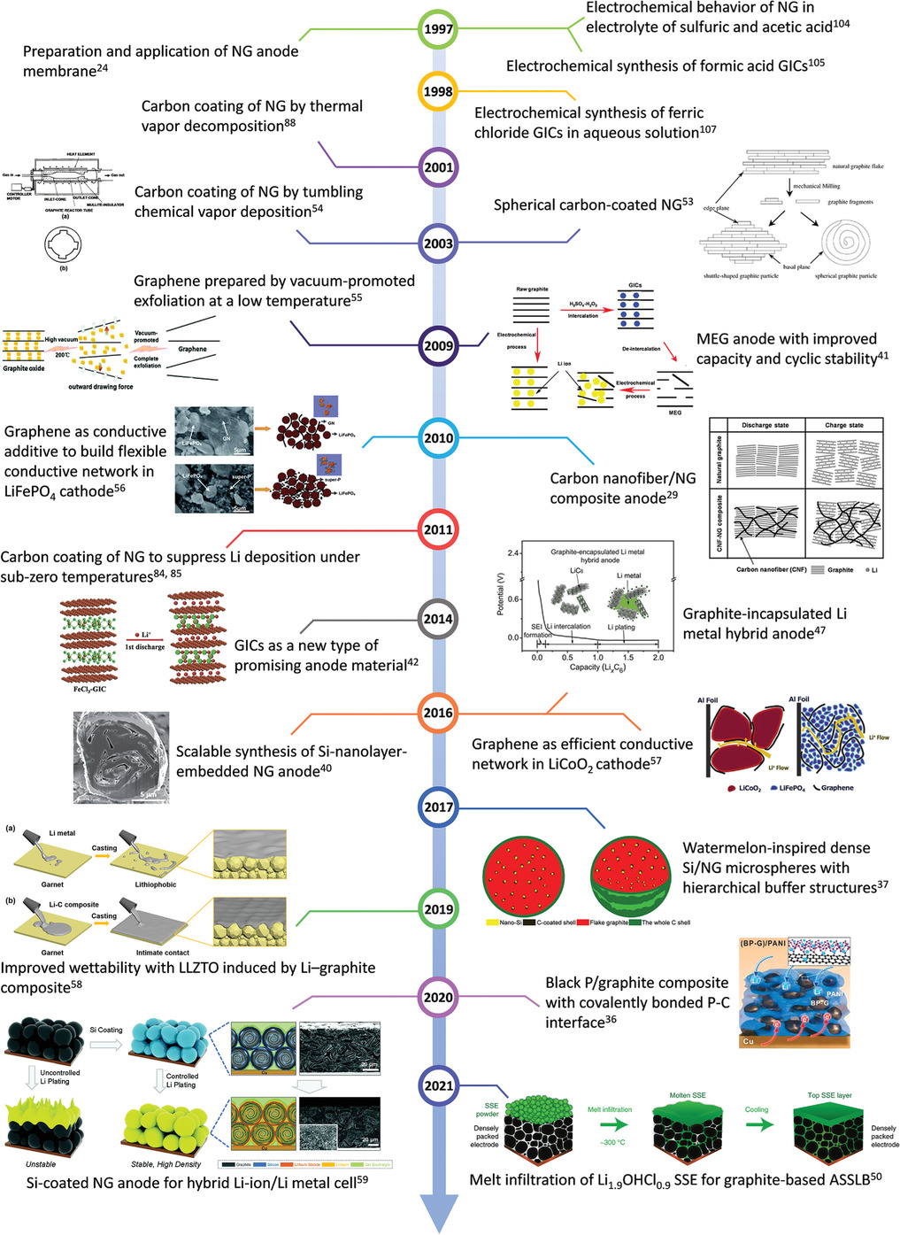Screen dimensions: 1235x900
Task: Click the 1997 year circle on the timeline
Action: pos(438,29)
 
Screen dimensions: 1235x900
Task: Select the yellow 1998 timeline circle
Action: pos(438,91)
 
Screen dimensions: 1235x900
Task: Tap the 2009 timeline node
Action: pos(438,346)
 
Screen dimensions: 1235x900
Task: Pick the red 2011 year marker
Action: pos(438,529)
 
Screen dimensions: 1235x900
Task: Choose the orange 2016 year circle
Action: pos(438,713)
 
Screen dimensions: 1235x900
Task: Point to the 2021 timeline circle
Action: pos(438,1085)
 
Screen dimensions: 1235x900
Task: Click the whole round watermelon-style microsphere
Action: pos(524,874)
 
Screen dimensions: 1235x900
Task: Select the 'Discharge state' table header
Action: pos(765,425)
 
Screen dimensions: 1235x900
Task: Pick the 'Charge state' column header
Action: pos(843,425)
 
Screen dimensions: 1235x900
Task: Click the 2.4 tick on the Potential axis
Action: pos(513,553)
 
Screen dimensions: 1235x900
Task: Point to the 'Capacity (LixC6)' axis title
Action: pos(597,668)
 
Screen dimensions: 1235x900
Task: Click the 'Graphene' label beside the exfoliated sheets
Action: pos(192,349)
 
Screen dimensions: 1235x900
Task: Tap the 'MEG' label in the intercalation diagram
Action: pos(675,413)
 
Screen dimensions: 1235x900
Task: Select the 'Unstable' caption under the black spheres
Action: pos(41,1164)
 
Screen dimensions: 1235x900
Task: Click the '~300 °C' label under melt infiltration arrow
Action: pos(609,1142)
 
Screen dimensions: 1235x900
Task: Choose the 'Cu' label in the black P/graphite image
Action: pos(749,1041)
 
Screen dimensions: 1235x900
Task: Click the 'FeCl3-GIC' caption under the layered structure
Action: pos(89,689)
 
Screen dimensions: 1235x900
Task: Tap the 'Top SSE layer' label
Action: pos(829,1095)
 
